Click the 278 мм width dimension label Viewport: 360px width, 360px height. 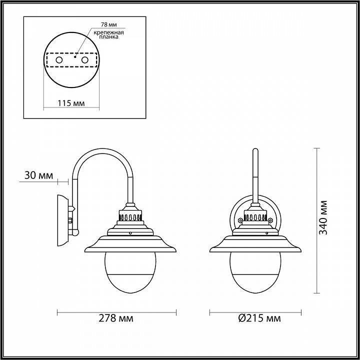coord(116,318)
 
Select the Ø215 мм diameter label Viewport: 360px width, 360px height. coord(259,318)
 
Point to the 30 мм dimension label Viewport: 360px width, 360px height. coord(38,175)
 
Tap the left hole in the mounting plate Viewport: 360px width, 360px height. coord(59,60)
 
